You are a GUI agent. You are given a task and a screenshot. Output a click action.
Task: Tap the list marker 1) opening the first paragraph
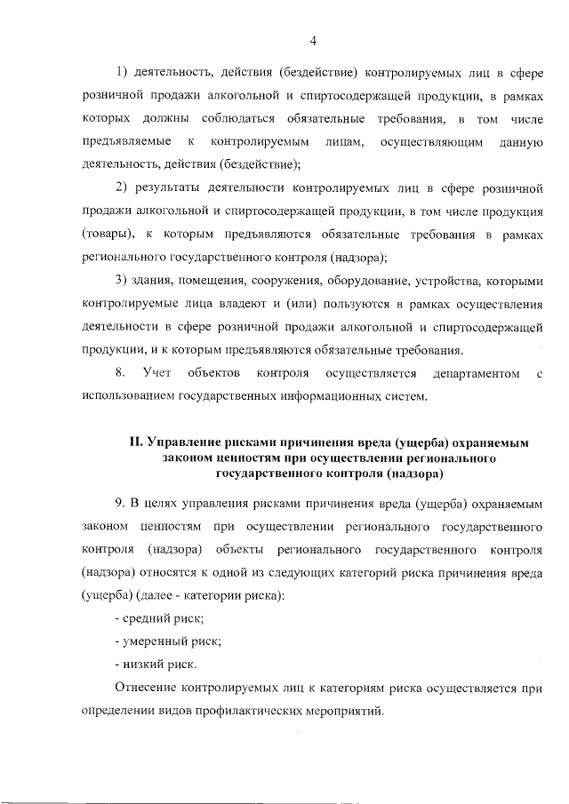pos(124,72)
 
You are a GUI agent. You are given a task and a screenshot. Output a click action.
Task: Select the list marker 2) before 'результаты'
pos(124,187)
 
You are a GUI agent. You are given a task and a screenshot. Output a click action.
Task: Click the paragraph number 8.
pos(122,373)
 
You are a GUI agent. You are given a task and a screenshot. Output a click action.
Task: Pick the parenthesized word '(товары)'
pos(106,234)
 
